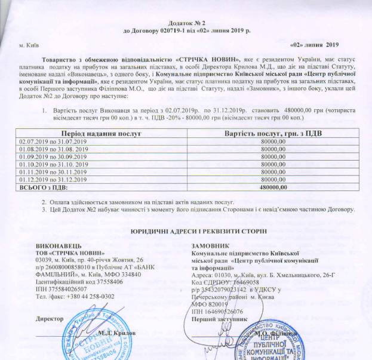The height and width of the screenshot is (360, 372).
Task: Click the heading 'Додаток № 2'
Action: coord(186,20)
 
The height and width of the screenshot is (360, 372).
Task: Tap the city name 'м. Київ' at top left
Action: coord(29,45)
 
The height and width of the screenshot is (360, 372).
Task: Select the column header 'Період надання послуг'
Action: coord(97,133)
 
